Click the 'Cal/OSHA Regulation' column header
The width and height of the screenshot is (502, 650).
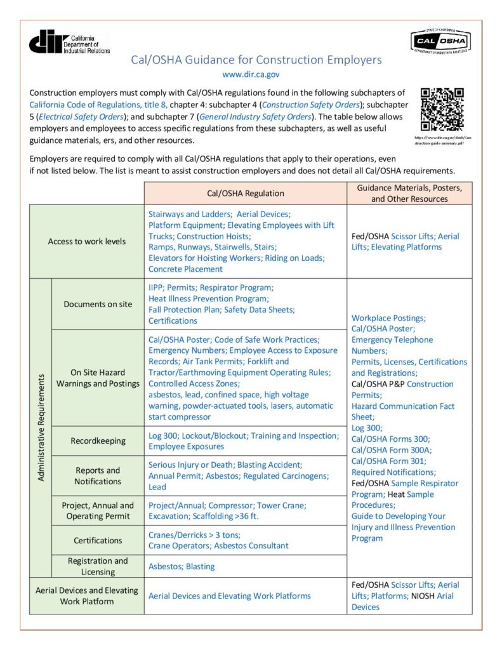click(246, 194)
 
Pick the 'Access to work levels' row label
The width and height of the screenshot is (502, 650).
click(87, 241)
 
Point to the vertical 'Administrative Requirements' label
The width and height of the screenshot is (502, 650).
click(41, 427)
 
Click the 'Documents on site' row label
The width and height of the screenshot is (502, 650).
click(98, 304)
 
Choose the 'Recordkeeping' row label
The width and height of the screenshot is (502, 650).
click(98, 441)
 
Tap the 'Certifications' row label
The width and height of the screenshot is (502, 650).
click(98, 540)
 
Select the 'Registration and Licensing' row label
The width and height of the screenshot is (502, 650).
click(98, 566)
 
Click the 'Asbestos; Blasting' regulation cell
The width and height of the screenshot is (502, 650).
click(182, 566)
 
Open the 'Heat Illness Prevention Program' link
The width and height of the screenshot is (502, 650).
click(209, 298)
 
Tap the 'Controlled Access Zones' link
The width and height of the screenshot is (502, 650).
click(194, 383)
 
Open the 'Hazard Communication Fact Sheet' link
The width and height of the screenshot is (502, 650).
click(402, 411)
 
